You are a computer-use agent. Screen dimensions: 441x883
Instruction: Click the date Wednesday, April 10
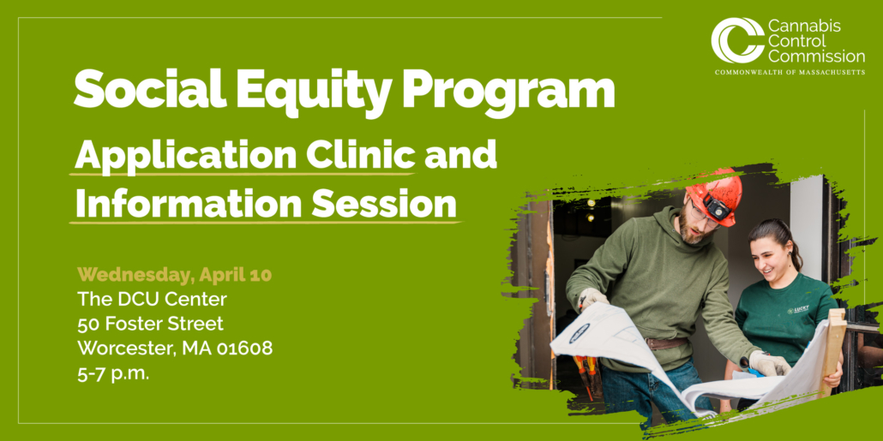[175, 275]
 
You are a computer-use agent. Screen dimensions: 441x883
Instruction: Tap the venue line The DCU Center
[152, 299]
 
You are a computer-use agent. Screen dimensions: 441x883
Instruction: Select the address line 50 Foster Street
[150, 324]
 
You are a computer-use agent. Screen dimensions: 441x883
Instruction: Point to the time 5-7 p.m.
[113, 373]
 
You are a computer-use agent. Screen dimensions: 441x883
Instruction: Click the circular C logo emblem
[736, 40]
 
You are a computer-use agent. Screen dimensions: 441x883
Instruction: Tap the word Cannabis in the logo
[804, 27]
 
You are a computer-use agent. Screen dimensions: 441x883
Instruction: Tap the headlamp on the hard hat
[716, 206]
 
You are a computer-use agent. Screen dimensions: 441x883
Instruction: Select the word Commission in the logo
[816, 57]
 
